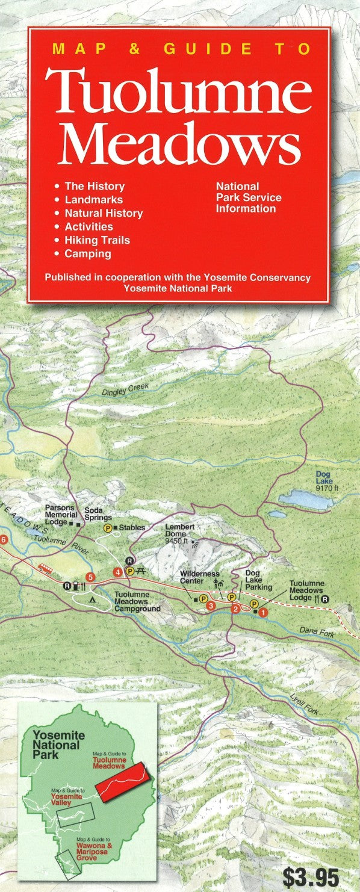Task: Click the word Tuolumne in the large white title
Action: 179,91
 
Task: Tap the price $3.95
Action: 310,877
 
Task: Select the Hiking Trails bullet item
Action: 97,240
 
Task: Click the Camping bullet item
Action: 88,253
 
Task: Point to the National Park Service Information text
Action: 249,197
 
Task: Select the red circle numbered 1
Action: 262,612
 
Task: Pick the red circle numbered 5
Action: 90,578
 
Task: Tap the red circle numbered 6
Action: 4,539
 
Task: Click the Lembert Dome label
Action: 180,531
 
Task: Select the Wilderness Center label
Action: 199,577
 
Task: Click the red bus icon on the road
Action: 45,567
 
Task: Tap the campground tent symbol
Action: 92,599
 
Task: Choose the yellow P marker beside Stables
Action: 108,528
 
